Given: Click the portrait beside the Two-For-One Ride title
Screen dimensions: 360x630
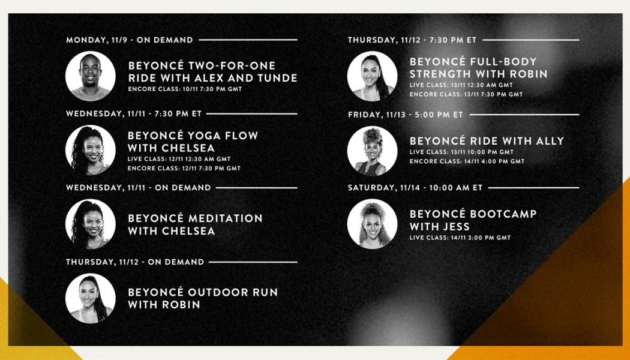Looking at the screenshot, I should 90,76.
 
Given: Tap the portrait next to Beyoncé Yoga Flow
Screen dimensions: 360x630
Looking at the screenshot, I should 90,150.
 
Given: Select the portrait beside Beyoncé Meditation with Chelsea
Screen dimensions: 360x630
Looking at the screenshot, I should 90,224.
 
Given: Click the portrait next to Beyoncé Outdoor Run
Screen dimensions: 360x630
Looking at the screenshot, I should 90,298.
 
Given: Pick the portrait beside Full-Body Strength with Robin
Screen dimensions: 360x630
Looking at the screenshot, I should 372,76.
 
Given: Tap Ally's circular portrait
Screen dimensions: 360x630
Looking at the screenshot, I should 372,150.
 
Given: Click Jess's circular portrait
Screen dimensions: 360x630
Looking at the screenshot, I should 372,224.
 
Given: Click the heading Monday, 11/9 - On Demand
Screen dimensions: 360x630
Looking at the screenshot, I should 130,40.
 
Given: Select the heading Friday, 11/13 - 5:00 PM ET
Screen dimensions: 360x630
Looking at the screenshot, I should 406,114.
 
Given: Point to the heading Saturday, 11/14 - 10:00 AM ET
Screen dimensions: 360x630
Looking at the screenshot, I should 415,188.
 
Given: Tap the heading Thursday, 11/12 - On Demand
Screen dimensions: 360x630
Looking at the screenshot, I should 135,262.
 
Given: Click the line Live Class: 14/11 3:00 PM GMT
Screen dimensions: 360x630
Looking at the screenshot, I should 460,238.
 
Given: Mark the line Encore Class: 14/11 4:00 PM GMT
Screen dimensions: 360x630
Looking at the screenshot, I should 467,161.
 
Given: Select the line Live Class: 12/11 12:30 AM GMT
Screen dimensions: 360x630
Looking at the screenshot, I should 179,159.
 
